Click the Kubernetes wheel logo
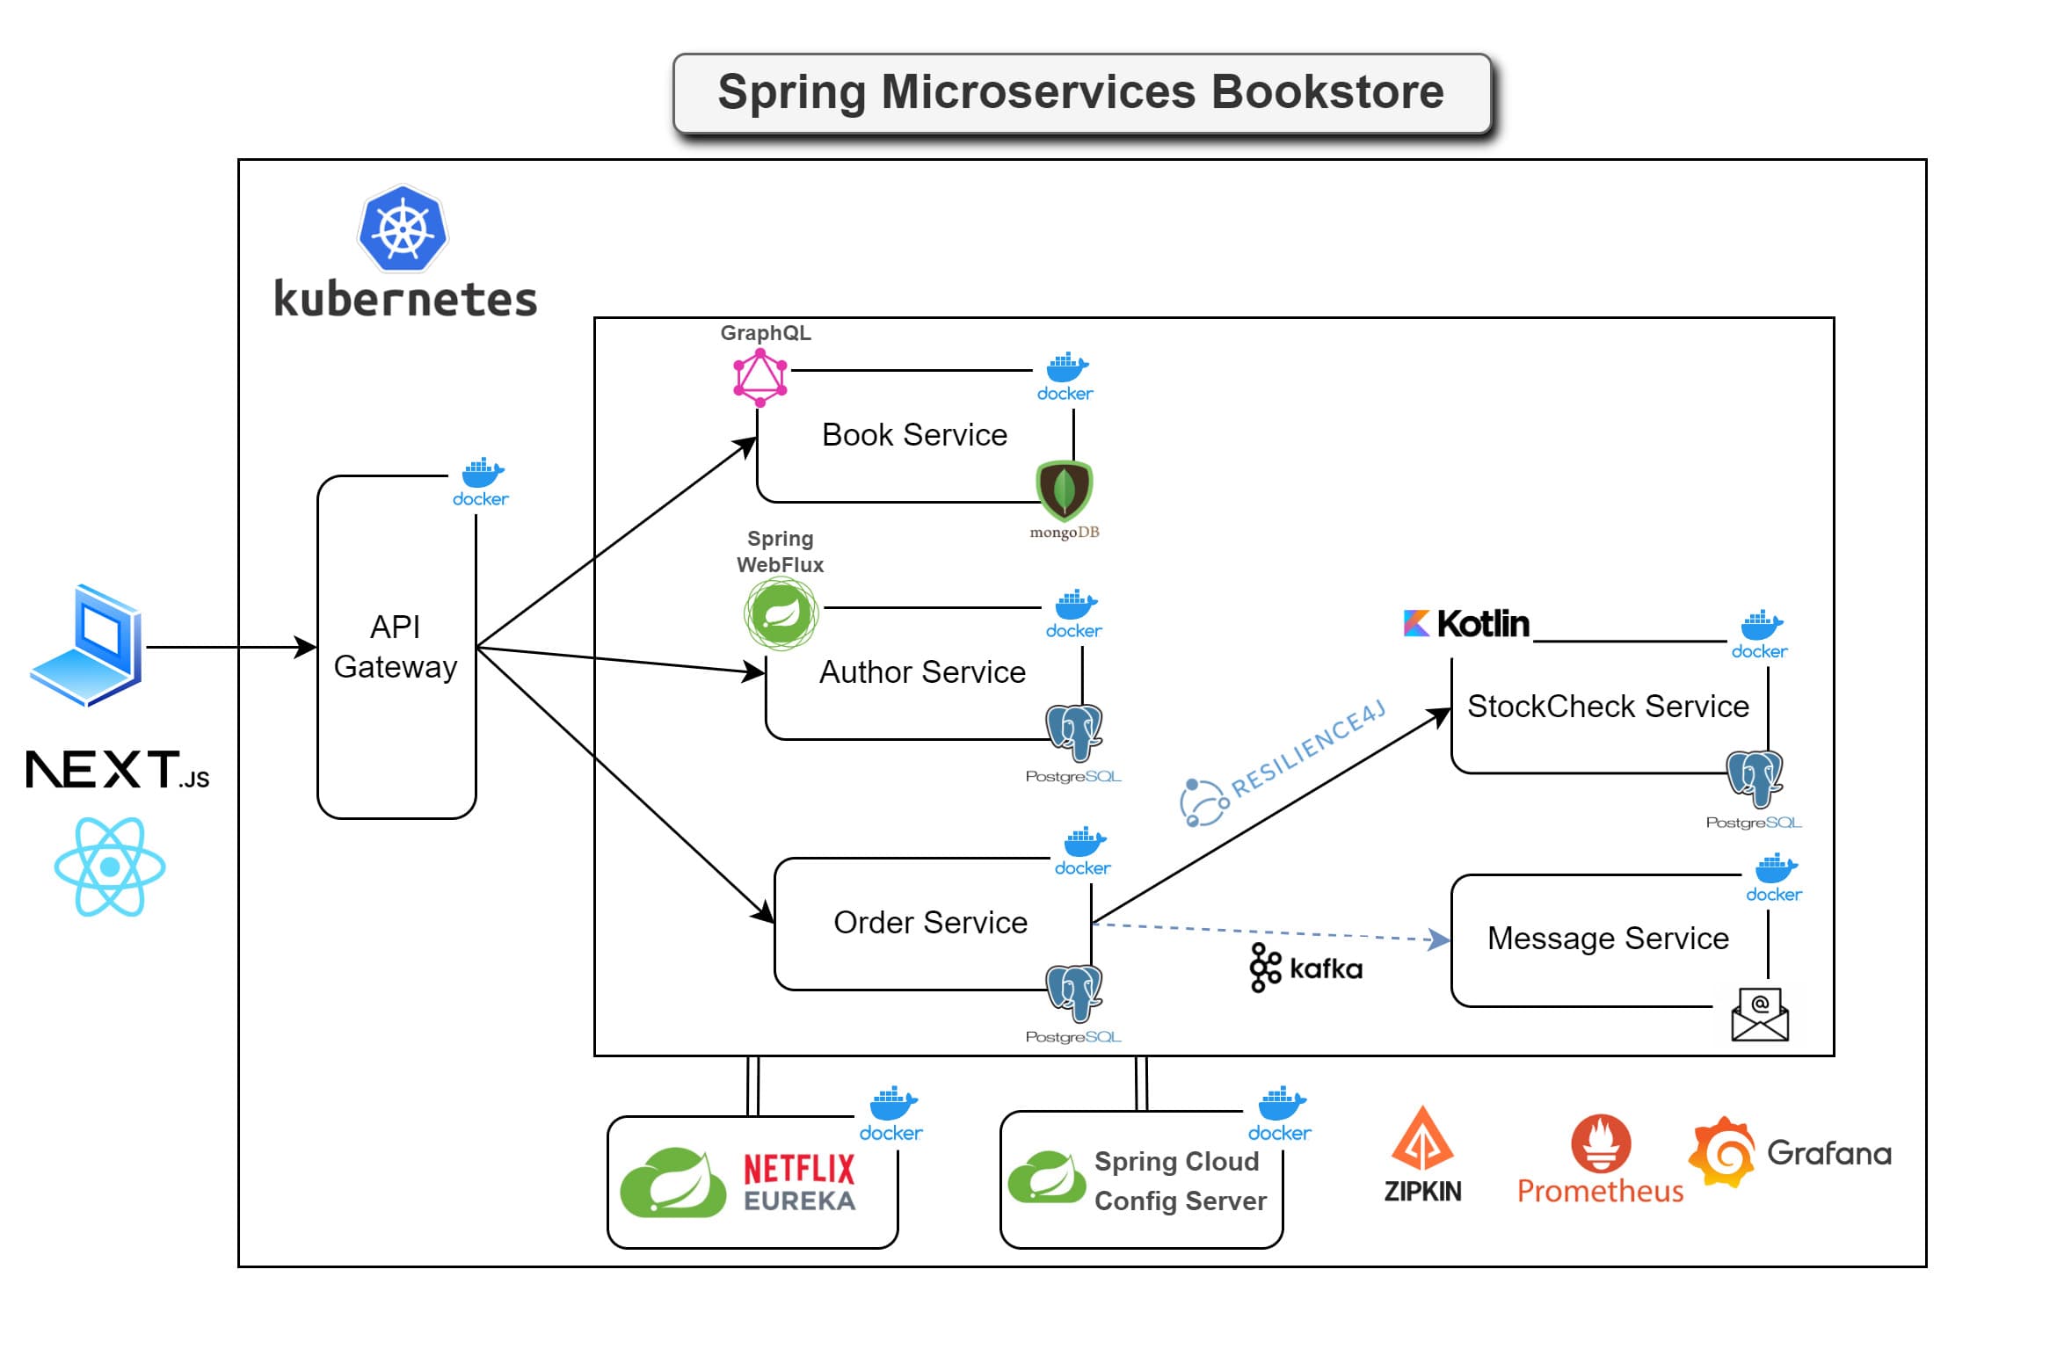click(x=403, y=228)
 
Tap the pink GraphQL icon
click(x=760, y=378)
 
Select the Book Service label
click(x=914, y=435)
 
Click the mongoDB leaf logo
click(x=1065, y=490)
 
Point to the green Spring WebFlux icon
click(x=781, y=613)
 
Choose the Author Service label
click(x=922, y=672)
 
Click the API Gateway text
click(x=396, y=647)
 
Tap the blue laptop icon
click(x=86, y=645)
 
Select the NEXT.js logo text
click(x=117, y=770)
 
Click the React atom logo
click(x=110, y=867)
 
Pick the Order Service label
click(x=930, y=923)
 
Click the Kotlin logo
click(x=1466, y=624)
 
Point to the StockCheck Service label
click(x=1608, y=707)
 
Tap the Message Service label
click(x=1608, y=939)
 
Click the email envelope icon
click(x=1760, y=1014)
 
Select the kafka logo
click(x=1305, y=968)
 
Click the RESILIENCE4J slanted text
click(x=1307, y=749)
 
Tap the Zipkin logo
click(x=1422, y=1155)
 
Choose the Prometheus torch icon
click(x=1601, y=1142)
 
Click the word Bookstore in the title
click(x=1327, y=92)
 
